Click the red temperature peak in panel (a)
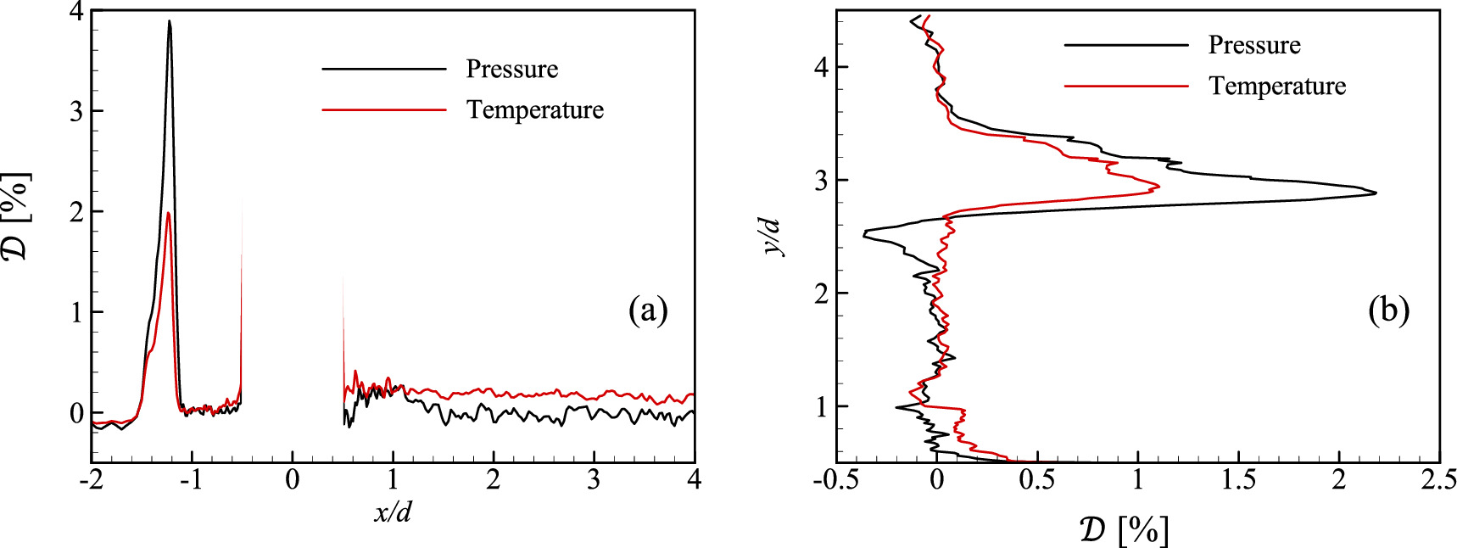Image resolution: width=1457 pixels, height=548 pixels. (169, 214)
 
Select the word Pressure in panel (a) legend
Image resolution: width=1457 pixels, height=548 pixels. (511, 69)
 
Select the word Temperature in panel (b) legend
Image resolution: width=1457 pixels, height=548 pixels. (1277, 86)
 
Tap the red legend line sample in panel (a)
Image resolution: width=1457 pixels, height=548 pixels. (384, 109)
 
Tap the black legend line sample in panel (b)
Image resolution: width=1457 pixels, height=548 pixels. (1126, 45)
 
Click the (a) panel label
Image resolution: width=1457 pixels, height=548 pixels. (648, 310)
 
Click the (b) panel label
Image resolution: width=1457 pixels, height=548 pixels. (1389, 310)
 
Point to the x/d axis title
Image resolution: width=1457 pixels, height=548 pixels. (393, 512)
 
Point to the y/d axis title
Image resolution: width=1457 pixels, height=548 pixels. (770, 236)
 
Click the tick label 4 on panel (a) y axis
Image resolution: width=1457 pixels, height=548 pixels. (76, 12)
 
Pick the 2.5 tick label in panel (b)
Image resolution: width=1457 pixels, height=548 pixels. (1439, 480)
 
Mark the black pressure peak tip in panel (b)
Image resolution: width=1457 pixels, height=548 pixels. (1375, 193)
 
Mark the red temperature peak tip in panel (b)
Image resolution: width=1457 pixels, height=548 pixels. (1158, 186)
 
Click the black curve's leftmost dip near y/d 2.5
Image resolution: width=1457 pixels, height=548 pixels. (864, 233)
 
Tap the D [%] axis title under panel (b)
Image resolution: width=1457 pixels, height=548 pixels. (1125, 530)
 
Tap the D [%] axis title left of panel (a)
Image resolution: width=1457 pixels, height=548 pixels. (17, 215)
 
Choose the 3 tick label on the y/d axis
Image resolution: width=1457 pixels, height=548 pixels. (820, 180)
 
